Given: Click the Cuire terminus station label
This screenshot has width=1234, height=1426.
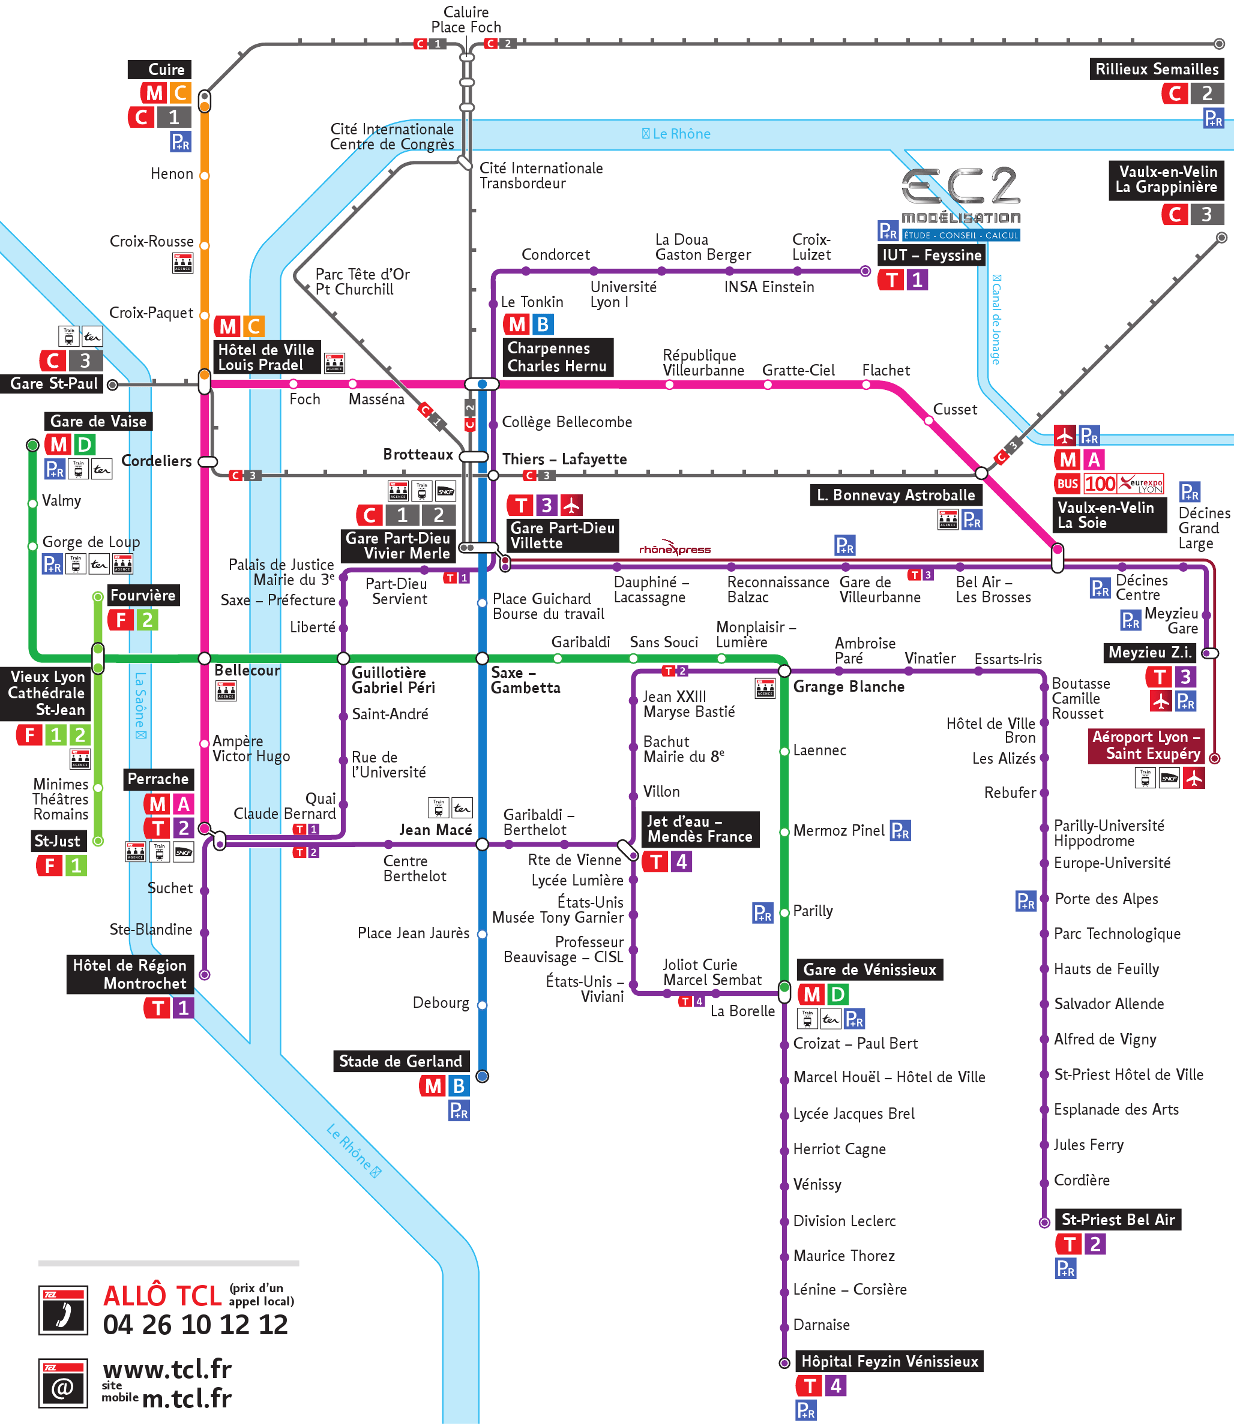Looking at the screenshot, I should tap(160, 70).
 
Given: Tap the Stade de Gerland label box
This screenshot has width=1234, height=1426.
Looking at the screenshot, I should tap(401, 1061).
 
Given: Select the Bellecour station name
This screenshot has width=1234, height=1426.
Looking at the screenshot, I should tap(247, 670).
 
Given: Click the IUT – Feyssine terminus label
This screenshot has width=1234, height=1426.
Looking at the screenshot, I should tap(931, 256).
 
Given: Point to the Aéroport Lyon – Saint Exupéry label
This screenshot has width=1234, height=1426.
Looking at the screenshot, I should tap(1146, 745).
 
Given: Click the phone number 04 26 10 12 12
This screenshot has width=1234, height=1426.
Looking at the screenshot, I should tap(195, 1325).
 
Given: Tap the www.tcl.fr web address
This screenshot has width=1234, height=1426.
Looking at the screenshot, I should tap(167, 1369).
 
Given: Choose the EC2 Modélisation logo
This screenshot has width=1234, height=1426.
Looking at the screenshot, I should tap(961, 200).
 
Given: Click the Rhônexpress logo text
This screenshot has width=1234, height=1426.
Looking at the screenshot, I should tap(674, 548).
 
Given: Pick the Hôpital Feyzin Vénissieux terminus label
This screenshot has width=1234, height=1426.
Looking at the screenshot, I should tap(889, 1361).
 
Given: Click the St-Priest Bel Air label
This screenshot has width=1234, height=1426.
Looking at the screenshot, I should tap(1118, 1220).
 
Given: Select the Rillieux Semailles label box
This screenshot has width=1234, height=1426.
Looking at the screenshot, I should tap(1156, 70).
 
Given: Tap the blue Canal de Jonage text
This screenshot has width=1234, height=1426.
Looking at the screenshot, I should tap(996, 319).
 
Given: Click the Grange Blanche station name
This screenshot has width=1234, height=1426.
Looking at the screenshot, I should tap(849, 686).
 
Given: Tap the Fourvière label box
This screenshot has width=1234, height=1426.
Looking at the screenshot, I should tap(143, 595).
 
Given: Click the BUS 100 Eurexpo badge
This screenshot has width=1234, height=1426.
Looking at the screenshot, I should tap(1109, 484).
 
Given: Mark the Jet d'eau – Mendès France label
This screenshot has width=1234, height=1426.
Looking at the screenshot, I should tap(700, 829).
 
